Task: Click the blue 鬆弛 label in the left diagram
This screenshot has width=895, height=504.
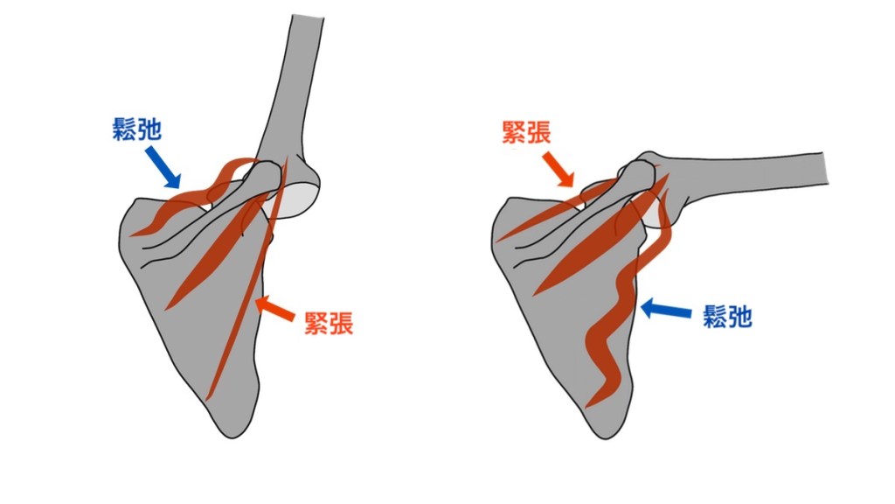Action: click(x=137, y=129)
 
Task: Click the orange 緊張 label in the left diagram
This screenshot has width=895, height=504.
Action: click(x=329, y=323)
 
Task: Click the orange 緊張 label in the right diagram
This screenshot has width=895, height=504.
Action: click(x=526, y=132)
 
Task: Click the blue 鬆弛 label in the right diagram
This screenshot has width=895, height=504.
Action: click(x=727, y=316)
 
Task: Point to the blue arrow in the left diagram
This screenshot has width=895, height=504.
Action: click(x=163, y=167)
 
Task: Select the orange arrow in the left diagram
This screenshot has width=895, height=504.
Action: click(x=274, y=309)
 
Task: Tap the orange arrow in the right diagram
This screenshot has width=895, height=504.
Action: click(x=559, y=169)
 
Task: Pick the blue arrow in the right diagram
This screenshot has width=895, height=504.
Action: click(x=665, y=311)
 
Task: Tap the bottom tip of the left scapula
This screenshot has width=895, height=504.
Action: click(x=232, y=438)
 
